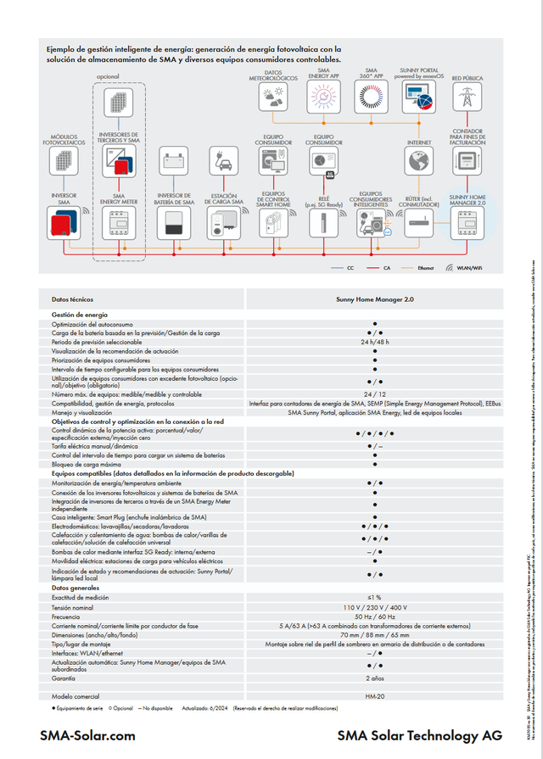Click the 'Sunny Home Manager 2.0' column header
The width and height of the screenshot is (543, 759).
[x=374, y=299]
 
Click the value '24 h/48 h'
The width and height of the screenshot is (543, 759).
[x=374, y=342]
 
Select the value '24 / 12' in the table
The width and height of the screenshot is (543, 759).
[x=374, y=394]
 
